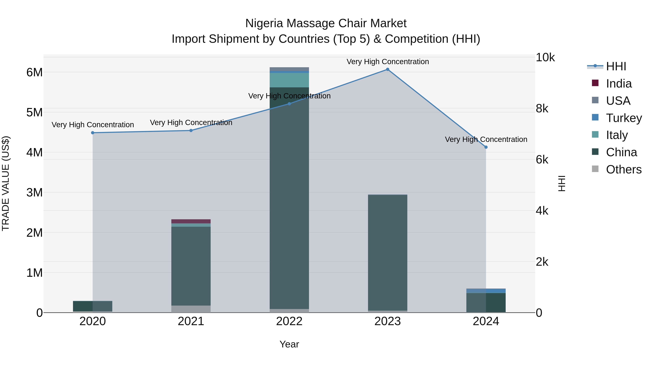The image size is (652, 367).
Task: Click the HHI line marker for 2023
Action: [388, 69]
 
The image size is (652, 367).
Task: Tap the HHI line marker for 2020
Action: [93, 133]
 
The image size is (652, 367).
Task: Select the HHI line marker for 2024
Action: [486, 147]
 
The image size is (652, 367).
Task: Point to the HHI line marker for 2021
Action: [191, 130]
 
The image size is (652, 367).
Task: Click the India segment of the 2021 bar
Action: [191, 221]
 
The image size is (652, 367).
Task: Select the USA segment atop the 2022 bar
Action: [289, 69]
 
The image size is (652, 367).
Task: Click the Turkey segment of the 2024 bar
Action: [486, 291]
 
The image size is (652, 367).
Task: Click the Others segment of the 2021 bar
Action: [191, 309]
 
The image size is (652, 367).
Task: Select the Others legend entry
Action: [623, 169]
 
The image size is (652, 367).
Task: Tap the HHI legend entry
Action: [616, 66]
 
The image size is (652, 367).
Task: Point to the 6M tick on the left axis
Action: [34, 72]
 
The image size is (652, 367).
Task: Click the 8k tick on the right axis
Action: [542, 109]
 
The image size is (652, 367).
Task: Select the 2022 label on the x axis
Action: [289, 321]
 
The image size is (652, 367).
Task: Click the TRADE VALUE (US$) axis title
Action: [6, 183]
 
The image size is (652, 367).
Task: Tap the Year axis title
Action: [289, 344]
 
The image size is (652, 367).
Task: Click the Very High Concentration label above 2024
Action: [486, 139]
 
